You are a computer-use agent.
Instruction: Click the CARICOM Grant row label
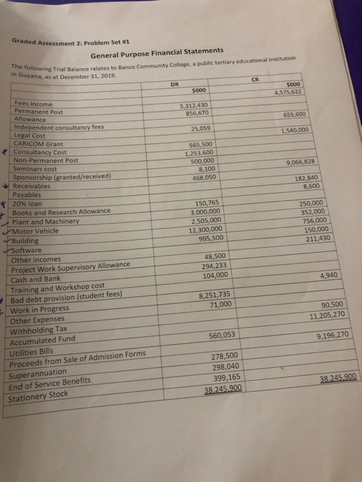pos(39,143)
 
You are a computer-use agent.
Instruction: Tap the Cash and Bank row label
pos(38,279)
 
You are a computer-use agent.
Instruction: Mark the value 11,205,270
pos(328,317)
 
